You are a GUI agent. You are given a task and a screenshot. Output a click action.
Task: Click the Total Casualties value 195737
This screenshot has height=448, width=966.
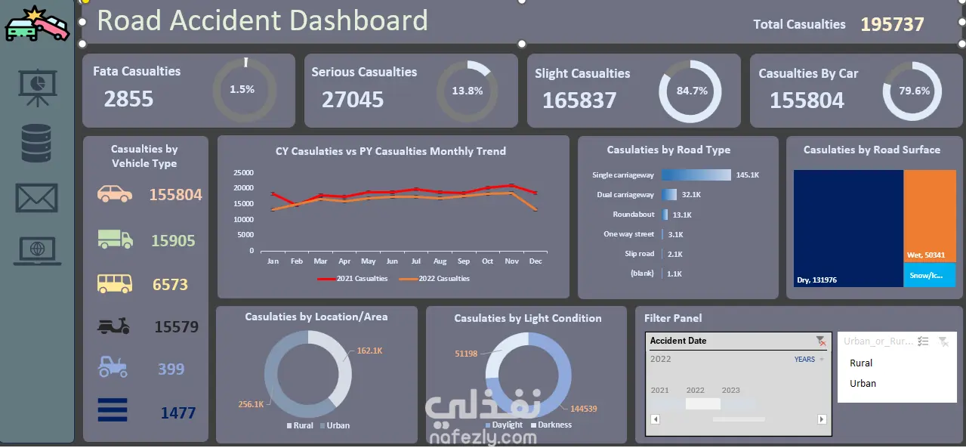892,24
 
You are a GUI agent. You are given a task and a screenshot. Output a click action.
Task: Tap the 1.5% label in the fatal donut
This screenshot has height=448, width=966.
242,89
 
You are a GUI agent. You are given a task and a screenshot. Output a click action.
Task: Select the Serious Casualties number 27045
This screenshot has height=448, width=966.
353,99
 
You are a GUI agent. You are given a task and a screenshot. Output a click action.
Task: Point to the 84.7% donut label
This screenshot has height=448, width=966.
692,91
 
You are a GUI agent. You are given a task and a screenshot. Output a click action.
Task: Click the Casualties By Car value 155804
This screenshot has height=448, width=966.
807,100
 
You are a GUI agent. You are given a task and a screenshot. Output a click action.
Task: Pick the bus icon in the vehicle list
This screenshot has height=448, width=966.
115,284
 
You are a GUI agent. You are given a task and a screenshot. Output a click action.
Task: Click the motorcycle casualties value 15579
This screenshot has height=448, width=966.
177,327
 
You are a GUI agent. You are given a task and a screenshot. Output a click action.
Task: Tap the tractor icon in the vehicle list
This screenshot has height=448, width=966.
114,368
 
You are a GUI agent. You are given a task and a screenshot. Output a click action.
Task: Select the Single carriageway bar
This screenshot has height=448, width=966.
696,175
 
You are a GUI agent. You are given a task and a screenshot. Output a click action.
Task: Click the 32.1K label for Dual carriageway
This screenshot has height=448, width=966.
692,195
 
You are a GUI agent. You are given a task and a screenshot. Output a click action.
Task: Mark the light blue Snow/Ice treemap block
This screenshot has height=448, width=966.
928,275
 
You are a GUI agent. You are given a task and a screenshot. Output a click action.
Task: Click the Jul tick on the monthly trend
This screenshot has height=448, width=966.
416,261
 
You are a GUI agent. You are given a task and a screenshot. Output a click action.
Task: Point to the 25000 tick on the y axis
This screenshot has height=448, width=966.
242,172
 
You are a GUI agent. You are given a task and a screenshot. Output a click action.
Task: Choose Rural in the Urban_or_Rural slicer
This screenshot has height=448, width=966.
861,363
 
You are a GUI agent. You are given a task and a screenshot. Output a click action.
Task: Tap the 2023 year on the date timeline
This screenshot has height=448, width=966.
731,391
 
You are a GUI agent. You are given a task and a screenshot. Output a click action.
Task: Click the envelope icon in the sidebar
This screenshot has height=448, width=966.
37,198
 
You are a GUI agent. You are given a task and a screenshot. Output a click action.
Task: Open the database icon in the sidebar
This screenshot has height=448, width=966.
36,144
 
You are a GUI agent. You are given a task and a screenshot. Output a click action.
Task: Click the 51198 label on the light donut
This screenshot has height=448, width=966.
466,354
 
